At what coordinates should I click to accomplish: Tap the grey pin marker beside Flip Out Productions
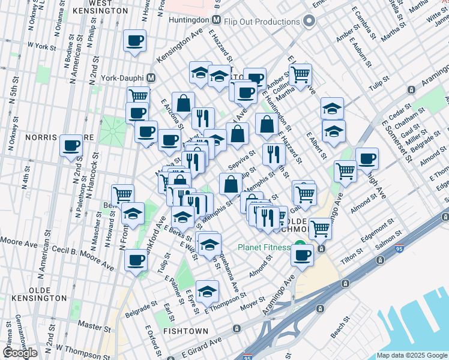pyautogui.click(x=309, y=21)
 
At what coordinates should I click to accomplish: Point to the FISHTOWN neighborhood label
pyautogui.click(x=185, y=331)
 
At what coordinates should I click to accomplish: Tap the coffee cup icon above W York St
pyautogui.click(x=135, y=41)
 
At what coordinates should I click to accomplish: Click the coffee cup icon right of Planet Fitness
pyautogui.click(x=302, y=255)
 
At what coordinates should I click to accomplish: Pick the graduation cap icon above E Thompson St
pyautogui.click(x=207, y=292)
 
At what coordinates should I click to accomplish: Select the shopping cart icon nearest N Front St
pyautogui.click(x=122, y=194)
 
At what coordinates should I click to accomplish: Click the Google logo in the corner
pyautogui.click(x=20, y=353)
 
